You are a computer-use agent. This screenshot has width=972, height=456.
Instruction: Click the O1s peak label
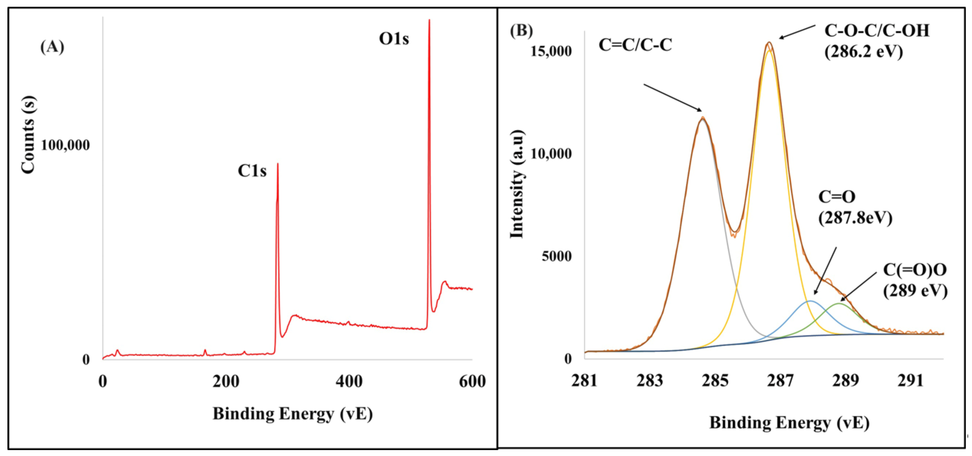tap(394, 39)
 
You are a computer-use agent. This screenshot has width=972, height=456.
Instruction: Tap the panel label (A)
tap(52, 47)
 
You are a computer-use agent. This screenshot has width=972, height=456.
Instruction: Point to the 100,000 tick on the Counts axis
tap(65, 145)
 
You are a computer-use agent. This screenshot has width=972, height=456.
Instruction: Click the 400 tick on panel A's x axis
tap(349, 381)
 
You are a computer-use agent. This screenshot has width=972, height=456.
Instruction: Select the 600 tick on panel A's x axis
tap(472, 381)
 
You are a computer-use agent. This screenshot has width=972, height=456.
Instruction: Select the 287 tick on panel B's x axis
tap(780, 381)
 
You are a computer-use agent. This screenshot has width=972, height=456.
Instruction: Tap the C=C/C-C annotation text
tap(635, 46)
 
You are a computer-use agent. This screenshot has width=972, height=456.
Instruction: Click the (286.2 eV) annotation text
tap(863, 51)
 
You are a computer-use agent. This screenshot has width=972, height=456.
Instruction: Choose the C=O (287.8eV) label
tap(855, 207)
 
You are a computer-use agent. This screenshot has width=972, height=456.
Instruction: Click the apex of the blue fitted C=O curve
tap(810, 301)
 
